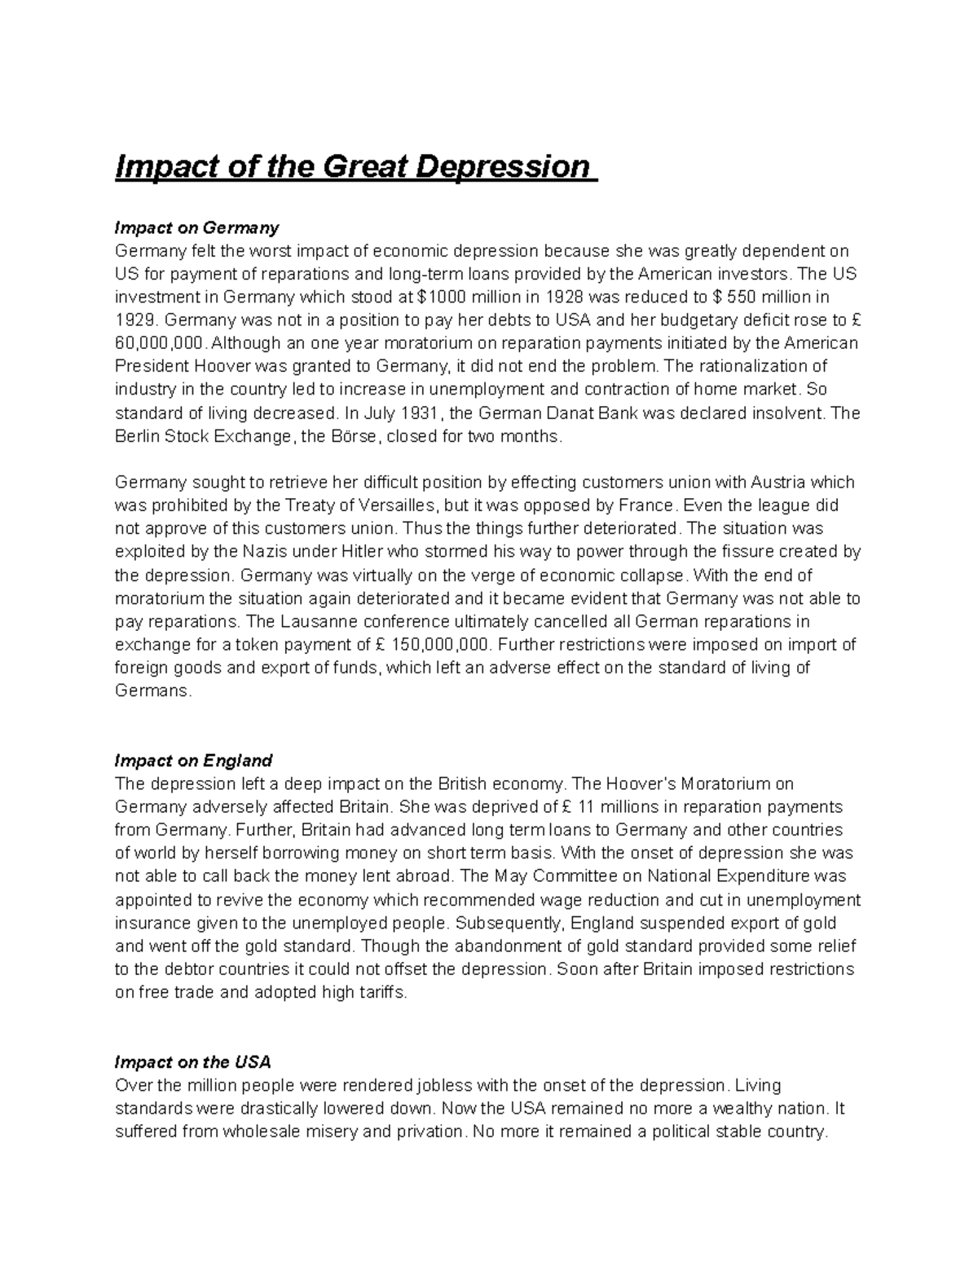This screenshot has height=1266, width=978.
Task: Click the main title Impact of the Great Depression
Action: point(356,167)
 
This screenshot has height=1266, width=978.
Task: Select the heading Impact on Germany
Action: point(197,227)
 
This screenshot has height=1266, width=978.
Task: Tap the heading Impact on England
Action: point(194,761)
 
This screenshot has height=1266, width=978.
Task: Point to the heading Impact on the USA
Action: point(193,1063)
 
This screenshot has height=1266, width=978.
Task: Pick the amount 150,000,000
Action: point(440,645)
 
